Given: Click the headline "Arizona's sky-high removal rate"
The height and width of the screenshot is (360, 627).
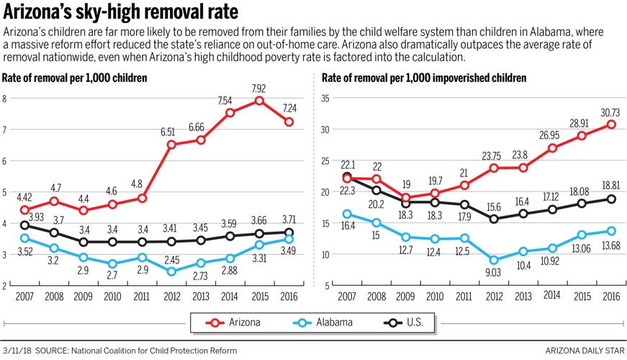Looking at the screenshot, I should (x=120, y=13).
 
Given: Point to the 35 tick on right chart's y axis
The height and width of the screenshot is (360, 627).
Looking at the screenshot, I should (x=324, y=99).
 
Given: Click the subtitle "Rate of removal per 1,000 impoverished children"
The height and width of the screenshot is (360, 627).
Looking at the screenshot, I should (x=419, y=77).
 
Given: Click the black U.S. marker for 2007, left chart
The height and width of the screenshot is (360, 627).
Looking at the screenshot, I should (x=25, y=225).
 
